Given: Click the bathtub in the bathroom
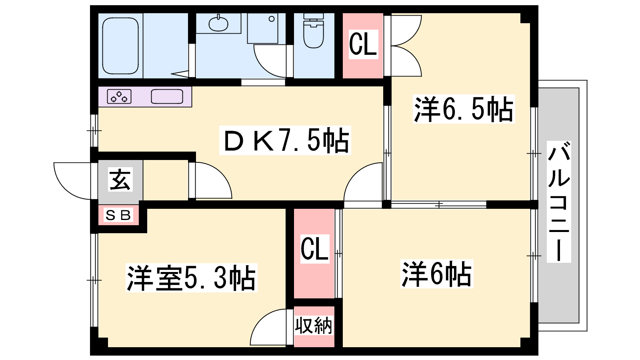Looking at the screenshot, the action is [120, 46].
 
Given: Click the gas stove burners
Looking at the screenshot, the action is [119, 96].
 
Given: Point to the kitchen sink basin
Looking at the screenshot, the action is [167, 96].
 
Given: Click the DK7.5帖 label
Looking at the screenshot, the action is [285, 140].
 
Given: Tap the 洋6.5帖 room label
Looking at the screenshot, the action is [464, 109].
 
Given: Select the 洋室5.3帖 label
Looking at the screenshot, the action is [192, 278].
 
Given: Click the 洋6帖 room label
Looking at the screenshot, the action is [437, 274].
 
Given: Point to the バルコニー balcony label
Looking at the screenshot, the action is [559, 202].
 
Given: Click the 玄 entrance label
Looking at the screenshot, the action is [120, 180].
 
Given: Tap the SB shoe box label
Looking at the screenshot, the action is [118, 215].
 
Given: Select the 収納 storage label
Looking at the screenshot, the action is [314, 326].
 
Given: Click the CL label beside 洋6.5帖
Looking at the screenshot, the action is [363, 44].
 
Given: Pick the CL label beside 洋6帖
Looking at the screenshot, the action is [314, 249].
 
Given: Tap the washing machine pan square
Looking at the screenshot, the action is [262, 28].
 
